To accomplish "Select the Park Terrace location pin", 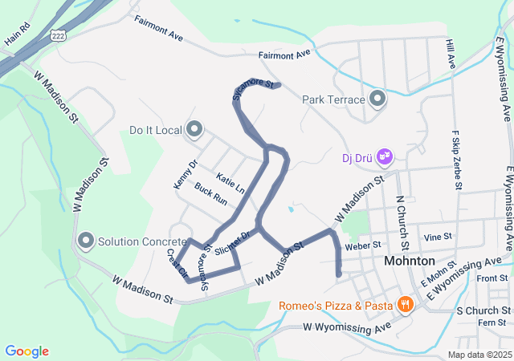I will pyautogui.click(x=378, y=99).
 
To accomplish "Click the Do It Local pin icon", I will pyautogui.click(x=194, y=129).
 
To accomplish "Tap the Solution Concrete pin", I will pyautogui.click(x=86, y=240).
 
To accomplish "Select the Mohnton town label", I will pyautogui.click(x=410, y=262).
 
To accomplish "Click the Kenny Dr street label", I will pyautogui.click(x=185, y=175).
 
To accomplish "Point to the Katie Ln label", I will pyautogui.click(x=230, y=181).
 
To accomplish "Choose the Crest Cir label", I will pyautogui.click(x=177, y=263).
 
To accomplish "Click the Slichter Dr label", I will pyautogui.click(x=235, y=239).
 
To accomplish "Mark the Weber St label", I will pyautogui.click(x=361, y=246).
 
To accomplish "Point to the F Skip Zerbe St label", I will pyautogui.click(x=456, y=160).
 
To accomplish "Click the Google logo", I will pyautogui.click(x=27, y=351).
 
